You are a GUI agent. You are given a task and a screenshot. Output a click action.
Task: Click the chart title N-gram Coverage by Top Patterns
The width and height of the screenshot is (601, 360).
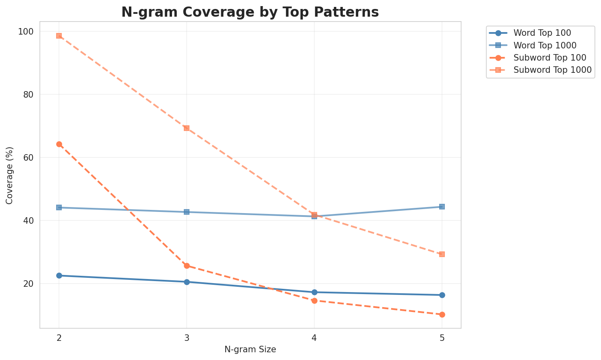coord(250,12)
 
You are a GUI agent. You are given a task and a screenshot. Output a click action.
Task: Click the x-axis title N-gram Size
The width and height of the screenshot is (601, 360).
coord(250,349)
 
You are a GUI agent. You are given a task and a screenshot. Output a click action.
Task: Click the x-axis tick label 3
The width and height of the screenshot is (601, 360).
coord(187,338)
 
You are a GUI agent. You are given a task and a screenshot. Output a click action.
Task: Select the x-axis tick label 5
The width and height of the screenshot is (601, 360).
coord(442,338)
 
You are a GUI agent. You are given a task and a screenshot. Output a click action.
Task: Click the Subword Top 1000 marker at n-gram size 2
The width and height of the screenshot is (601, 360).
coord(59,36)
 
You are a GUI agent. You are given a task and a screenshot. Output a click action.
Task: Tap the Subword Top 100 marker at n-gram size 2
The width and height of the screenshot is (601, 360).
coord(59,144)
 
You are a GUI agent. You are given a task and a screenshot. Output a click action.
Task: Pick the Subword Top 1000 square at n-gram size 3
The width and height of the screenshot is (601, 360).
coord(187,128)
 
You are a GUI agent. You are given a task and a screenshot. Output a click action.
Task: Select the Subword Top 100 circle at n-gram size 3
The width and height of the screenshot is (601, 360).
coord(187,266)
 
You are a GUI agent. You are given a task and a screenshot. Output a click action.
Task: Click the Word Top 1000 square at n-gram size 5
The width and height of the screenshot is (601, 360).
coord(442,207)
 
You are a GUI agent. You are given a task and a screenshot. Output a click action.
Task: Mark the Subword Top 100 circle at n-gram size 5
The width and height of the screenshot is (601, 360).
coord(442,314)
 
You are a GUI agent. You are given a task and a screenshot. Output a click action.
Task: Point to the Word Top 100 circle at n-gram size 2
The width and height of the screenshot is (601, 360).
coord(59,275)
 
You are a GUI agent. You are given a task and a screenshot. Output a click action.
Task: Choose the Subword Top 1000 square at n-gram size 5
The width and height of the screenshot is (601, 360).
coord(442,254)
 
